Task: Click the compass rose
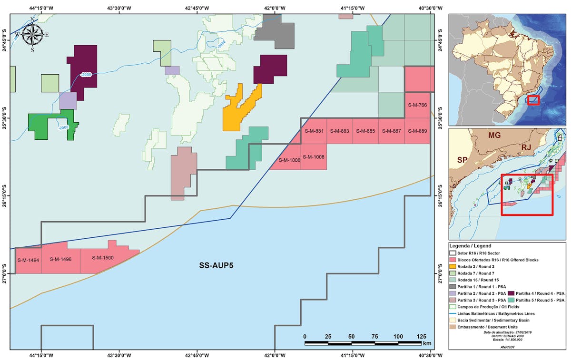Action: coord(32,34)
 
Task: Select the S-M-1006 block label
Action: coord(289,160)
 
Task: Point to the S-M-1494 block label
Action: coord(28,260)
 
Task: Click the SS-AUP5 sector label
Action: coord(219,265)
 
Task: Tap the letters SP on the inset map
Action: coord(462,160)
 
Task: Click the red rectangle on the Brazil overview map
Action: coord(533,100)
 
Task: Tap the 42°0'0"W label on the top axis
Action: coord(275,8)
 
